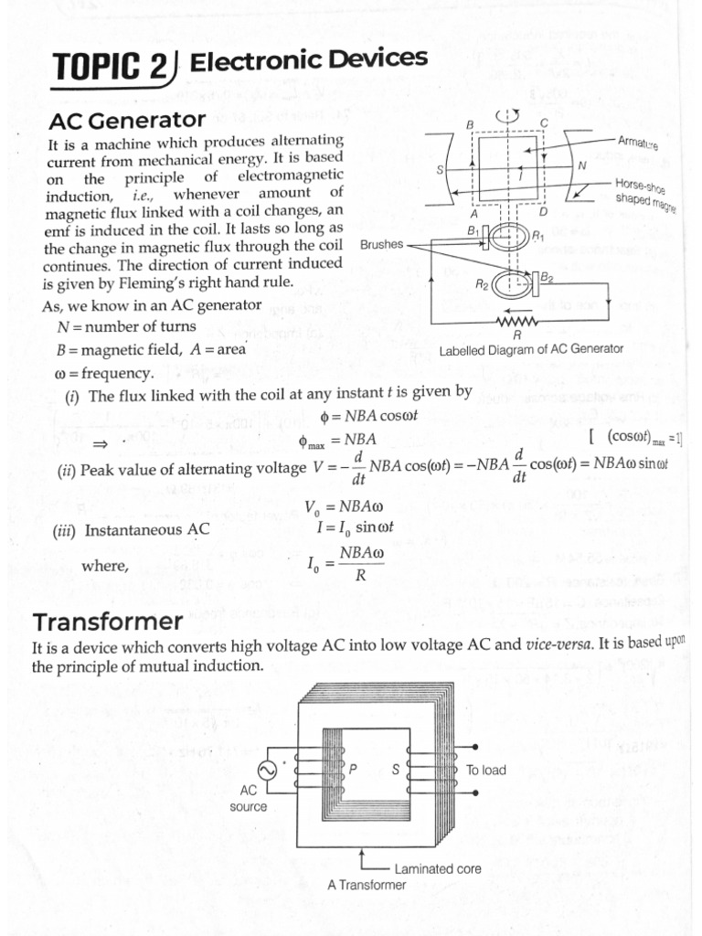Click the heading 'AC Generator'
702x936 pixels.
[x=127, y=120]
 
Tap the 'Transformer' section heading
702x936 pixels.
[x=107, y=622]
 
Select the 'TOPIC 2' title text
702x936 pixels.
[x=109, y=69]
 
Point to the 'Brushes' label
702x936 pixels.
[x=381, y=245]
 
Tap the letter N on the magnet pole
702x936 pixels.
[x=582, y=166]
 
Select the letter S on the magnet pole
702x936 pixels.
[x=441, y=170]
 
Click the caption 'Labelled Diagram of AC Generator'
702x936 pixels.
[x=531, y=349]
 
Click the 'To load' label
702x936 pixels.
[x=485, y=770]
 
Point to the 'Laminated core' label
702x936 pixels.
[x=437, y=868]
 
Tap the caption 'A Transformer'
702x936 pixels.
[x=367, y=885]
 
